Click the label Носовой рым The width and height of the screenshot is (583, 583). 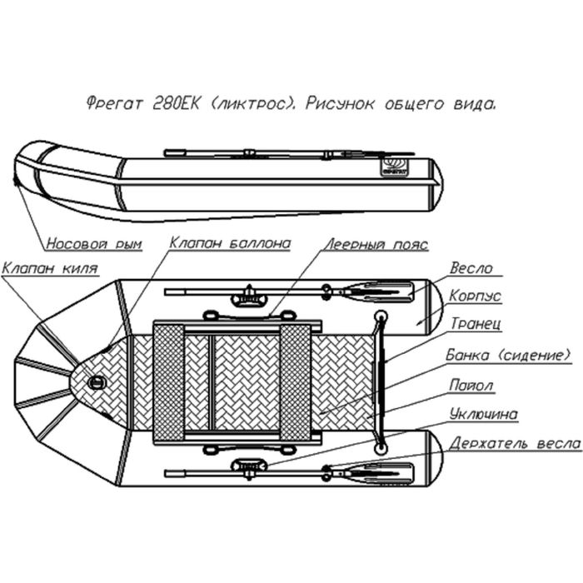pyautogui.click(x=93, y=245)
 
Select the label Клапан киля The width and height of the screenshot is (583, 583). pyautogui.click(x=51, y=268)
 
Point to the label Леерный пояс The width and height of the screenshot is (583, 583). pyautogui.click(x=376, y=245)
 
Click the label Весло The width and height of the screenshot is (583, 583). pyautogui.click(x=471, y=269)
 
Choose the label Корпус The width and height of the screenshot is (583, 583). pyautogui.click(x=475, y=296)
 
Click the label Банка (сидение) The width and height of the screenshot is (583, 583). pyautogui.click(x=508, y=355)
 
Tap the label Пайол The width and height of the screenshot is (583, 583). pyautogui.click(x=471, y=386)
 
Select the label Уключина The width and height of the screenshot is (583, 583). pyautogui.click(x=483, y=414)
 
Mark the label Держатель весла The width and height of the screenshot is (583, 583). pyautogui.click(x=514, y=442)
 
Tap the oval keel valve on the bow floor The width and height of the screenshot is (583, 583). pyautogui.click(x=98, y=383)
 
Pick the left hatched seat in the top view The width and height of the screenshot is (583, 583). pyautogui.click(x=169, y=382)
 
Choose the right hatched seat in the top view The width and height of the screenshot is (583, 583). pyautogui.click(x=296, y=382)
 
